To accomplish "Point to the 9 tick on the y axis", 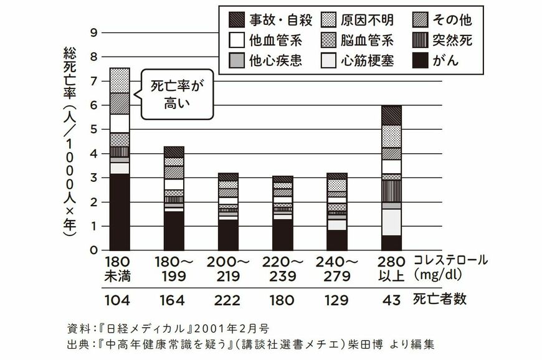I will pyautogui.click(x=93, y=32).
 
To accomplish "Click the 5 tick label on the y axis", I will pyautogui.click(x=93, y=130).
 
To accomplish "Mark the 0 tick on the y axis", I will pyautogui.click(x=93, y=250).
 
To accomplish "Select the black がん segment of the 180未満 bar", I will pyautogui.click(x=120, y=212).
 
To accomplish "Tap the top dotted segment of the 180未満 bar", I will pyautogui.click(x=120, y=80).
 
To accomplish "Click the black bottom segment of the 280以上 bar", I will pyautogui.click(x=391, y=242).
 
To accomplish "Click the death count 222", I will pyautogui.click(x=228, y=300).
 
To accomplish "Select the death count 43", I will pyautogui.click(x=391, y=300).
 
